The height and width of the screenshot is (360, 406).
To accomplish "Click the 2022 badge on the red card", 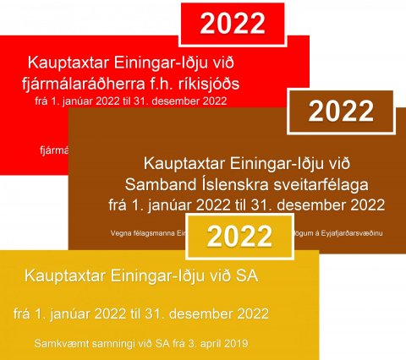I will click(233, 23).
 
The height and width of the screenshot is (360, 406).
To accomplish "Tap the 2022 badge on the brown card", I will click(340, 112).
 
